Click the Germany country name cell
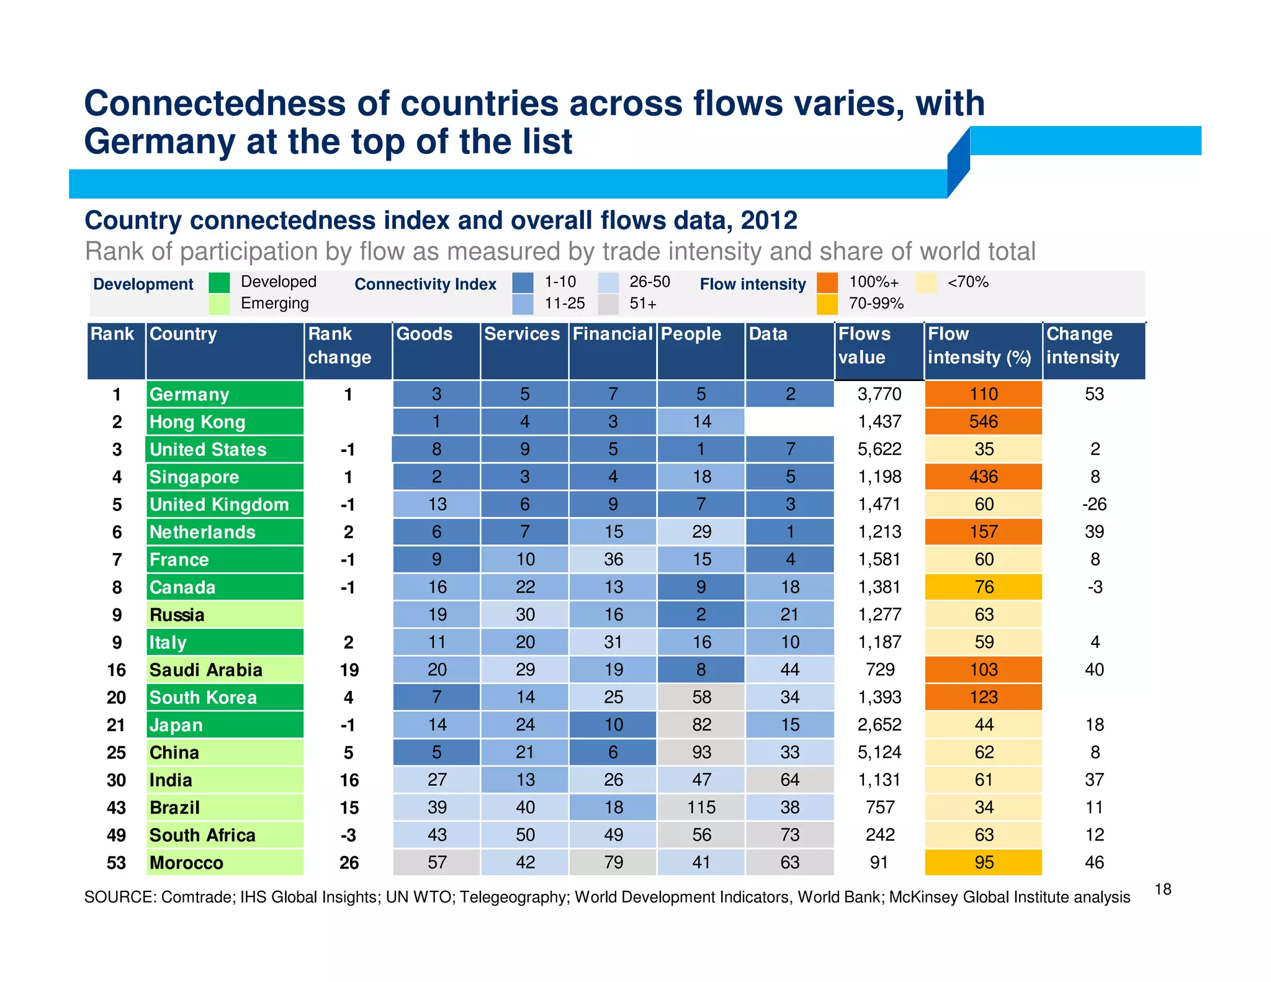tap(225, 394)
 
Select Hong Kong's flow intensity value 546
tap(983, 422)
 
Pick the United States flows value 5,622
tap(879, 449)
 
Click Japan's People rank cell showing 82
tap(701, 725)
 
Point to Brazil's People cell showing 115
tap(701, 808)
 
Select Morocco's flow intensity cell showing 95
tap(983, 863)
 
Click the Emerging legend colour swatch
tap(219, 304)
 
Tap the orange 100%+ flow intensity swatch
tap(827, 282)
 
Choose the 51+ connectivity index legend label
tap(643, 304)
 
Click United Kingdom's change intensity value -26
tap(1094, 504)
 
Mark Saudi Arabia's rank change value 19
tap(349, 670)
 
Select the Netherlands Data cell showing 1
tap(789, 532)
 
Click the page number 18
tap(1162, 890)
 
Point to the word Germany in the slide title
tap(159, 142)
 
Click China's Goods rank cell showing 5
tap(436, 752)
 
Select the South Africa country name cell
tap(225, 836)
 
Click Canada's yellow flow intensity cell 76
tap(983, 587)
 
